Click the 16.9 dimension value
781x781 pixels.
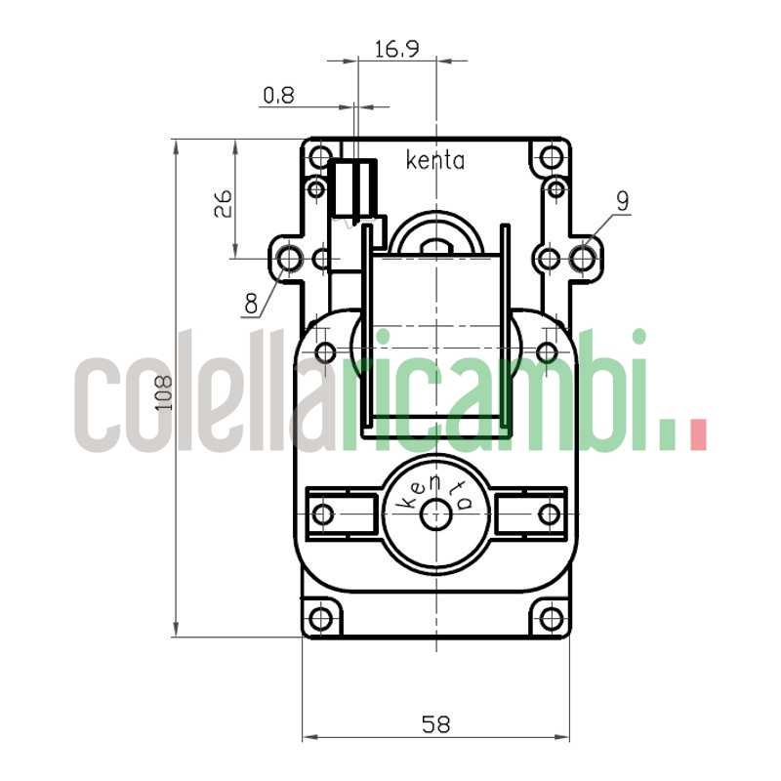pyautogui.click(x=396, y=49)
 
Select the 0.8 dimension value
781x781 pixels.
pyautogui.click(x=278, y=96)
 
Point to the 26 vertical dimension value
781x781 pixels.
pyautogui.click(x=223, y=202)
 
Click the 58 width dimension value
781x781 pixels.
pyautogui.click(x=435, y=724)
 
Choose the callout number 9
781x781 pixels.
pyautogui.click(x=623, y=200)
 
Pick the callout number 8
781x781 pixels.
pyautogui.click(x=252, y=304)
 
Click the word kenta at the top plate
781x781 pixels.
pyautogui.click(x=435, y=161)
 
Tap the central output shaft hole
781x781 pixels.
pyautogui.click(x=435, y=515)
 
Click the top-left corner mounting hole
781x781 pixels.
pyautogui.click(x=321, y=156)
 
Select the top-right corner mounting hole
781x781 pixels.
pyautogui.click(x=551, y=156)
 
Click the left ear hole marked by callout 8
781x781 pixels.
pyautogui.click(x=290, y=259)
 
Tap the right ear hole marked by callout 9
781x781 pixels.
pyautogui.click(x=583, y=259)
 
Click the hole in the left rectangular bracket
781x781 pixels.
pyautogui.click(x=323, y=514)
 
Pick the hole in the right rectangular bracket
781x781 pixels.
pyautogui.click(x=549, y=514)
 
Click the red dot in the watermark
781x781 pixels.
pyautogui.click(x=697, y=434)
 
